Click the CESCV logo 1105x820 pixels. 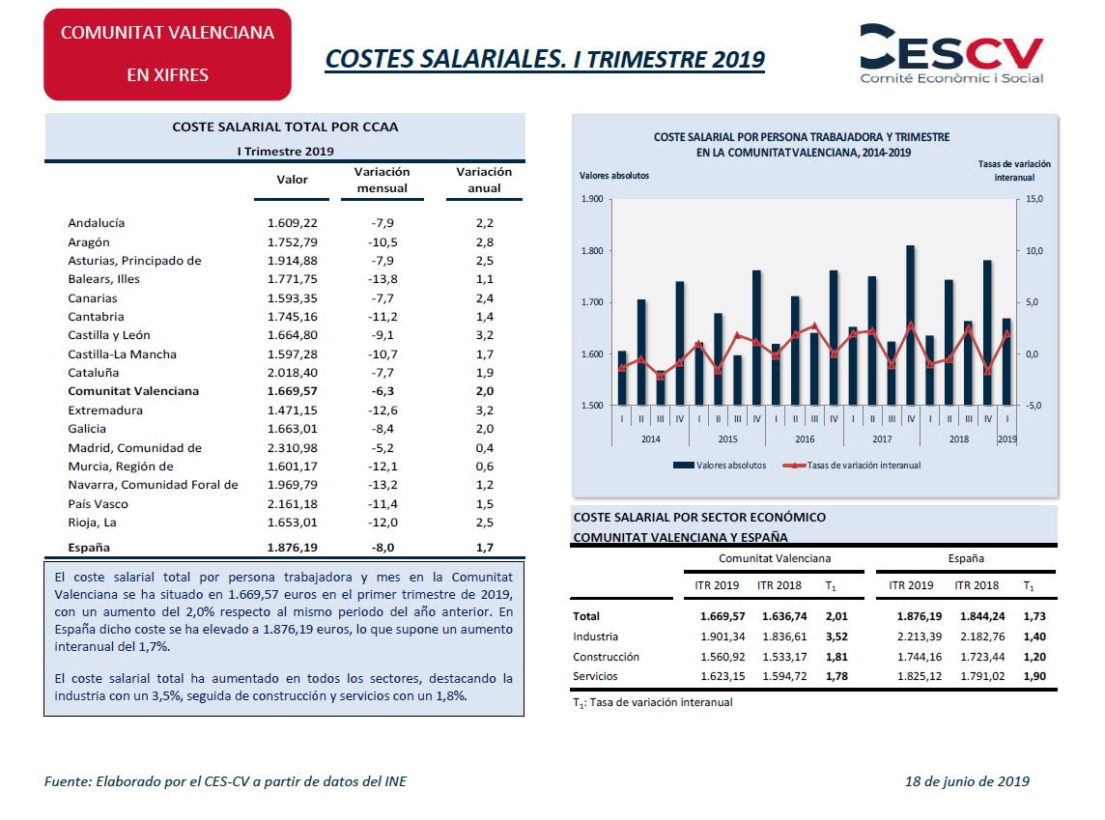(x=951, y=53)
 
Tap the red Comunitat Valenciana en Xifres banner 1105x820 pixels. (x=168, y=54)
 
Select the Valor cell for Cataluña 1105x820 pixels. (x=292, y=373)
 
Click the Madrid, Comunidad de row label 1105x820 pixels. (x=134, y=448)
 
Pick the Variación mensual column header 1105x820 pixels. (x=382, y=180)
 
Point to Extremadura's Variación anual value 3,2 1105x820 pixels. (x=484, y=410)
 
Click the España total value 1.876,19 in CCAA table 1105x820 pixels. (x=292, y=548)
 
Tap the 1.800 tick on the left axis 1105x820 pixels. (x=592, y=251)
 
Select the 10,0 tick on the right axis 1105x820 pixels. (x=1034, y=251)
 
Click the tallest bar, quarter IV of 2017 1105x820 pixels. (x=911, y=325)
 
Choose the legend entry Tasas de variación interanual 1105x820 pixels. (x=853, y=465)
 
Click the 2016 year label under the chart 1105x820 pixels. (x=805, y=438)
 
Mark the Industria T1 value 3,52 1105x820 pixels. (x=836, y=636)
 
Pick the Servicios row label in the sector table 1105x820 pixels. (x=595, y=676)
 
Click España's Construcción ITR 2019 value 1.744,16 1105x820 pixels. (x=919, y=658)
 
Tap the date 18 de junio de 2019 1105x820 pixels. (x=967, y=781)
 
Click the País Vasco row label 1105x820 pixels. (x=98, y=504)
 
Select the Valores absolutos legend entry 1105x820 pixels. (x=720, y=465)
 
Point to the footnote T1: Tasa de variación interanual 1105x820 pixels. (x=653, y=702)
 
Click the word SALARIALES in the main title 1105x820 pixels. (x=494, y=59)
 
